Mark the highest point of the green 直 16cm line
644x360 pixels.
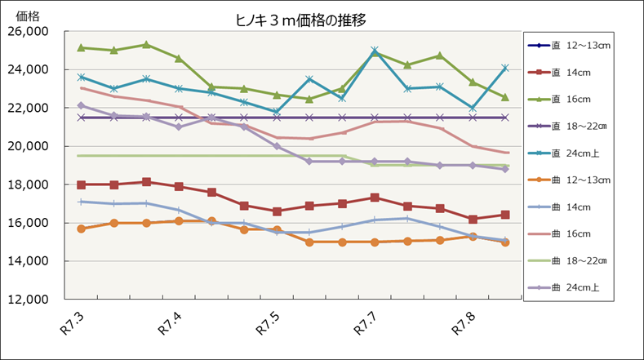click(146, 45)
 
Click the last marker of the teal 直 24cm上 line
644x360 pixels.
click(505, 68)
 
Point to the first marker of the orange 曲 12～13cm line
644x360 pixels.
click(82, 229)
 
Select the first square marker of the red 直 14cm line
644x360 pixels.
click(82, 184)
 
